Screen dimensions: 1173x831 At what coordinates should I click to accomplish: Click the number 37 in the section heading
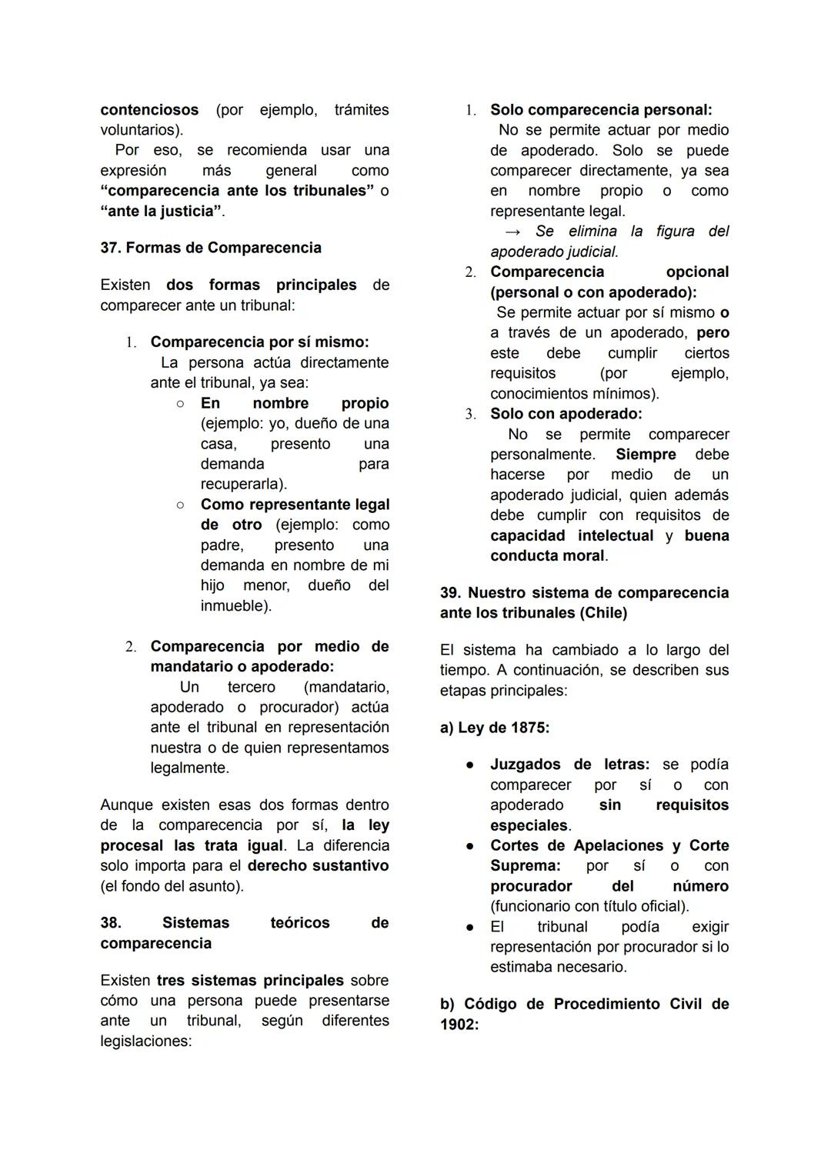[110, 248]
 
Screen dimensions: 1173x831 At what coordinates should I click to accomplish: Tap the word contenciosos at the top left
[149, 110]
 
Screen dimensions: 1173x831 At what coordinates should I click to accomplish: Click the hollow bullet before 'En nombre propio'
[179, 403]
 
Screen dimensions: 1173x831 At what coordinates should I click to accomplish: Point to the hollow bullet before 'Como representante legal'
[179, 505]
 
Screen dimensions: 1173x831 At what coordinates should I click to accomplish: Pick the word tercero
[251, 686]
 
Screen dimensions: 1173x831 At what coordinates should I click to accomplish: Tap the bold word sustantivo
[351, 865]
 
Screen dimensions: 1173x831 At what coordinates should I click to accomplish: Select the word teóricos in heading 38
[300, 922]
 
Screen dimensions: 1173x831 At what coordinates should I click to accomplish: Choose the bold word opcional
[697, 272]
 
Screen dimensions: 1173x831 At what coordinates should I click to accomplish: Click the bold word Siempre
[646, 455]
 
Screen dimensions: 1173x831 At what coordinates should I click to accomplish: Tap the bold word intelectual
[616, 535]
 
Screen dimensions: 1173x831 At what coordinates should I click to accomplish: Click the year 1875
[527, 727]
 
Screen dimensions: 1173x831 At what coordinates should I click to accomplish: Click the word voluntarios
[140, 130]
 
